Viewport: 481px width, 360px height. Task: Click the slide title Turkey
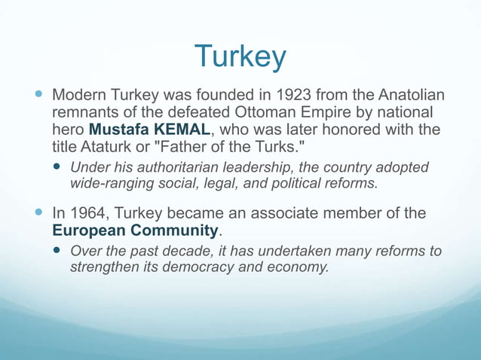click(240, 56)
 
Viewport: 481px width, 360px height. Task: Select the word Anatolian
click(406, 96)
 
